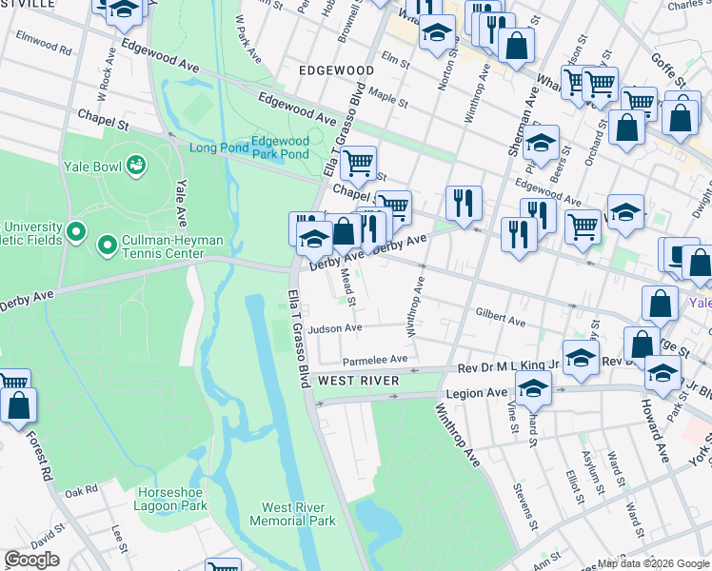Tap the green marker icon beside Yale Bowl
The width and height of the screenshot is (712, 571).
pyautogui.click(x=136, y=164)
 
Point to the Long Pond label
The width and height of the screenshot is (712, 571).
pyautogui.click(x=217, y=148)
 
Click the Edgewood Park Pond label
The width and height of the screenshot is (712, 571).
pyautogui.click(x=281, y=148)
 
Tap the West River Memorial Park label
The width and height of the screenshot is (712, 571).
pyautogui.click(x=292, y=514)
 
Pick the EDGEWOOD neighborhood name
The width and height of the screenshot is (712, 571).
pyautogui.click(x=336, y=70)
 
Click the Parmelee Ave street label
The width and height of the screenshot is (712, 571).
pyautogui.click(x=375, y=360)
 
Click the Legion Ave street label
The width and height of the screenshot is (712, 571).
pyautogui.click(x=485, y=392)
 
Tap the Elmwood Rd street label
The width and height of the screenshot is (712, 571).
pyautogui.click(x=44, y=43)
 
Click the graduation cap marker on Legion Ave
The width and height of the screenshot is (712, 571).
pyautogui.click(x=533, y=387)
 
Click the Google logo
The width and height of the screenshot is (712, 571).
pyautogui.click(x=31, y=560)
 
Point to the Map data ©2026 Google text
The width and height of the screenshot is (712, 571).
pyautogui.click(x=652, y=562)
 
